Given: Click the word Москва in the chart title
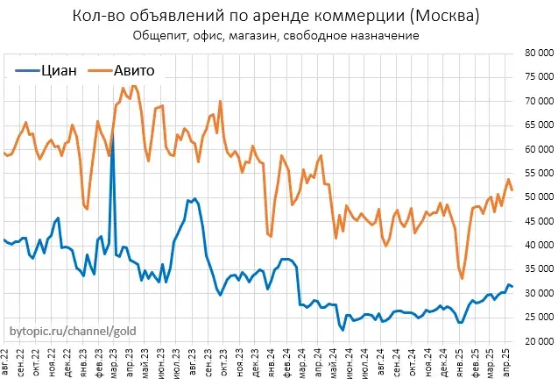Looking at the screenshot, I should pos(436,17).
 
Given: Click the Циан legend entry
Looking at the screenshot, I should pos(58,71).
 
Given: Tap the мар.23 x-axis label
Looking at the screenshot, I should pos(116,361).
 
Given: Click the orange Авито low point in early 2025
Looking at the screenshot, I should pos(462,278).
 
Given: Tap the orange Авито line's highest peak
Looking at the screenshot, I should pos(133,85).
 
